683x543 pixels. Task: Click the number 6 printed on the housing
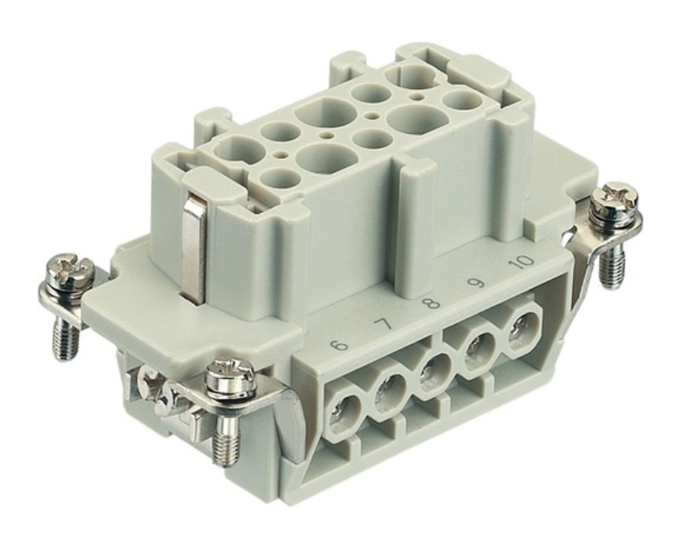click(x=339, y=346)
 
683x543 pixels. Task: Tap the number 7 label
click(x=383, y=324)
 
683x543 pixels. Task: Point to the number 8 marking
click(x=431, y=301)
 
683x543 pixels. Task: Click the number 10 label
click(x=522, y=262)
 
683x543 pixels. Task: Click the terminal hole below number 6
click(x=344, y=412)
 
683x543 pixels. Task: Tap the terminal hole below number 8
click(x=433, y=372)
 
